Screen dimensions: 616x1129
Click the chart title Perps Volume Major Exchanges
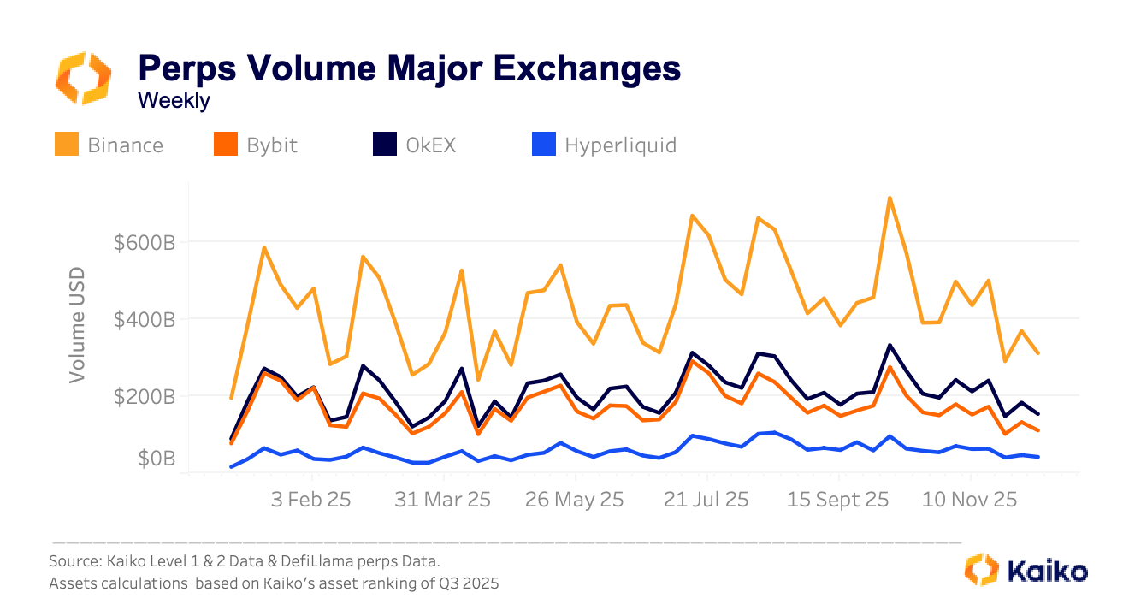409,68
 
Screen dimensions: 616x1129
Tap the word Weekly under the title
174,100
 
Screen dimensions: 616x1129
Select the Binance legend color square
67,145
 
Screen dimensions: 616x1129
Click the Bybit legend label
272,145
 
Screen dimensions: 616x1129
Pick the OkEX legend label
430,145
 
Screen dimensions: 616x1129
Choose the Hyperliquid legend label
620,145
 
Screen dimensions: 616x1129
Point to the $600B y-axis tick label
145,243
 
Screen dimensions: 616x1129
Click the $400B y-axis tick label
145,320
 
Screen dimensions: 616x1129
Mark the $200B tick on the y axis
145,397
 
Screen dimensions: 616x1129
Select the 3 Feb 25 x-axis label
310,500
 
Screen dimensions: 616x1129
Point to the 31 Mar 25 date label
442,500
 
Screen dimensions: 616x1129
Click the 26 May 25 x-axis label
575,500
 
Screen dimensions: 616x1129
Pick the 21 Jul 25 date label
706,500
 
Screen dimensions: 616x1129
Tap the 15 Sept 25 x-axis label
838,500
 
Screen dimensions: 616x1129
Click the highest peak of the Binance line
890,198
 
